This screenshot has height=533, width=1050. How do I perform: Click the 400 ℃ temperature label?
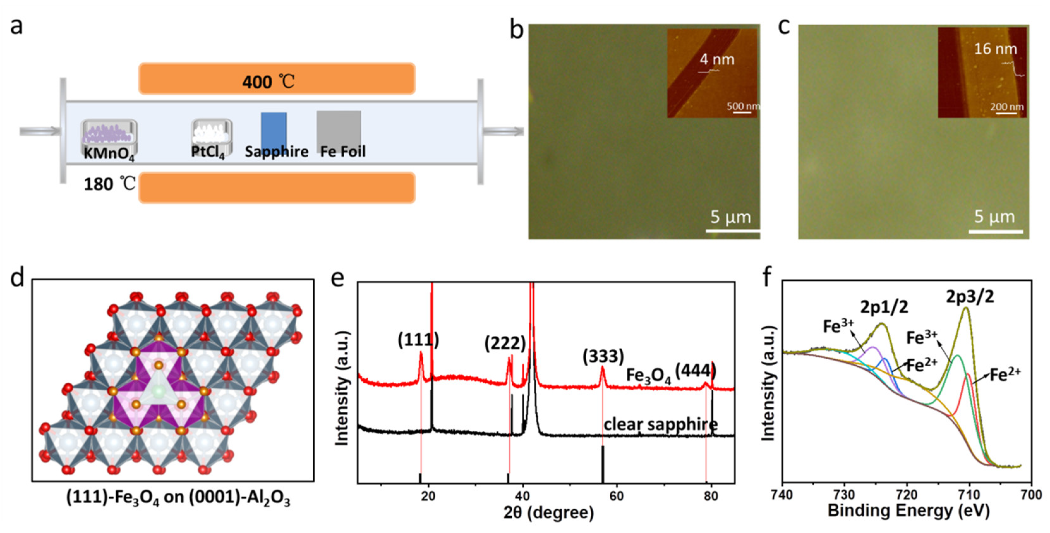[x=268, y=82]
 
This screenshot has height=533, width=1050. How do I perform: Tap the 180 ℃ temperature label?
[x=109, y=184]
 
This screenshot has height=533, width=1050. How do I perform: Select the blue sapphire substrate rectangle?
[x=274, y=129]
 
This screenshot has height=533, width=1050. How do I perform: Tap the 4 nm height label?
[x=717, y=59]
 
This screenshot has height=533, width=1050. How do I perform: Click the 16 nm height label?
[x=995, y=49]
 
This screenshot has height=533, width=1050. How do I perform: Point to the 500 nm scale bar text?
[x=743, y=106]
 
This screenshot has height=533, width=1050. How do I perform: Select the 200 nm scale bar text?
[x=1007, y=107]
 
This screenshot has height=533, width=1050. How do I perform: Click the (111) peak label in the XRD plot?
[x=418, y=340]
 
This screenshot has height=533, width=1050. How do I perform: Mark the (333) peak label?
[x=603, y=356]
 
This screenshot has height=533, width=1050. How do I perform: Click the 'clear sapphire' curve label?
[x=660, y=424]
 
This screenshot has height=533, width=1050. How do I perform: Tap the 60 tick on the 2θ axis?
[x=616, y=496]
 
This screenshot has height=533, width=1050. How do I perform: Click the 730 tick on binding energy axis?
[x=845, y=495]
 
